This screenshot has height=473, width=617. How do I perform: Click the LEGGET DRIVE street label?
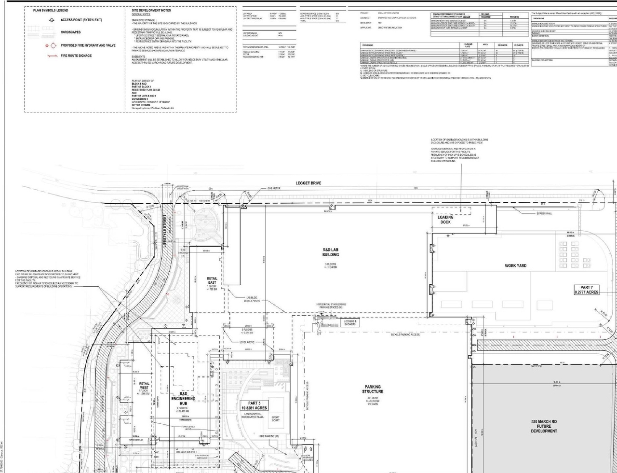308,183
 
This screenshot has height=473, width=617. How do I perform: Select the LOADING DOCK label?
445,220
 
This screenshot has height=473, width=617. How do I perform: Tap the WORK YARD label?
515,265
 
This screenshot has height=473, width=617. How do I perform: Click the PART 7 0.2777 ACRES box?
586,290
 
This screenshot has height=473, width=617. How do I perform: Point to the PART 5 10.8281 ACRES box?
254,405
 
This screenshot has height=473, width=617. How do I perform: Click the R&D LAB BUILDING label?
331,252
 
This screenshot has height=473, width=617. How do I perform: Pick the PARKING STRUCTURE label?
373,389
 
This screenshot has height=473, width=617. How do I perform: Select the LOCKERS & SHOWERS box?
349,323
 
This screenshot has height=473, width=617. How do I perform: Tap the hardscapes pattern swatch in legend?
47,32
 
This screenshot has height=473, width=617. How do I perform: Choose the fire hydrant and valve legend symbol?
50,45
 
